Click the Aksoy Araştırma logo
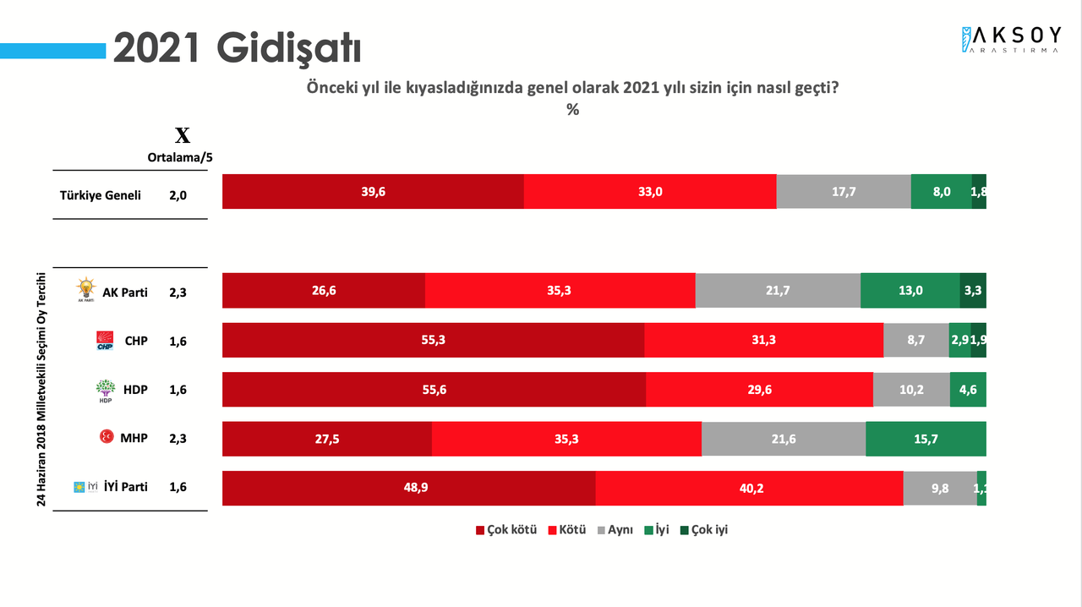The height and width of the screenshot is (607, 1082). pos(1011,39)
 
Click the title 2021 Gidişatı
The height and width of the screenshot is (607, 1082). pos(238,48)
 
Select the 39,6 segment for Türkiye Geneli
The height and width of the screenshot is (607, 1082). pos(373,192)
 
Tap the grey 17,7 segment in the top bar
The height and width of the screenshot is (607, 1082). pos(844,192)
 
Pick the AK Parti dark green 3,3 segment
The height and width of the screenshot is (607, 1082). pos(973,290)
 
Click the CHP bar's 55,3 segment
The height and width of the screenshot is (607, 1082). pos(433,340)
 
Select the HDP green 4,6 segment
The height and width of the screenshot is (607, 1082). pos(968,390)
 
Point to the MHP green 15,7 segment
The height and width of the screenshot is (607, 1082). pos(926,440)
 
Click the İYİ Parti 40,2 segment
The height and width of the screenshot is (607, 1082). pos(749,488)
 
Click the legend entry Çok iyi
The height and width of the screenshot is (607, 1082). pos(703,530)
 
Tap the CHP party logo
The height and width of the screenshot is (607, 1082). pos(105,341)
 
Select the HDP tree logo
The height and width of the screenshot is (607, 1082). pos(105,391)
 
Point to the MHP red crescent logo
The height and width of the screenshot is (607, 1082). pos(107,438)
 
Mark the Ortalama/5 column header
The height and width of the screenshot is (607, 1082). pos(180,156)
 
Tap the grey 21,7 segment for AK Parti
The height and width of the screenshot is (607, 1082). pos(778,290)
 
